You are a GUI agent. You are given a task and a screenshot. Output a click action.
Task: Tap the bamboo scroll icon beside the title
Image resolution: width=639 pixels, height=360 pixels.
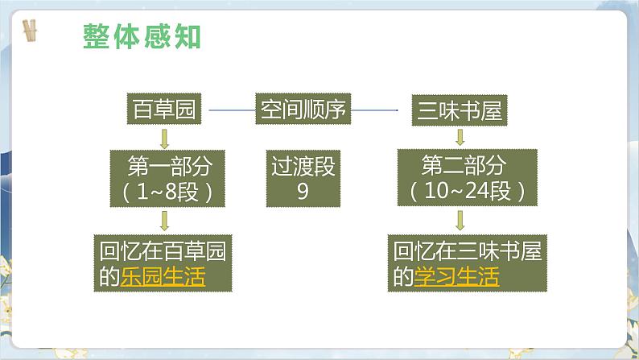pyautogui.click(x=31, y=32)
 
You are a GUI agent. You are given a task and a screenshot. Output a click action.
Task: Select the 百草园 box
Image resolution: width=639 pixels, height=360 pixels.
pyautogui.click(x=164, y=110)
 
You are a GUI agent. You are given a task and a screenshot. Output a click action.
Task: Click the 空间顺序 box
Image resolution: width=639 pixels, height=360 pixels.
pyautogui.click(x=303, y=110)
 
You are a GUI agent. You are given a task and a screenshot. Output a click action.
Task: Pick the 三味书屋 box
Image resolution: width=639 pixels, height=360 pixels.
pyautogui.click(x=460, y=110)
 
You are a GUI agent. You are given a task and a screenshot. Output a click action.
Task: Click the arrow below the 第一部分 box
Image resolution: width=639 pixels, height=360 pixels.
pyautogui.click(x=164, y=220)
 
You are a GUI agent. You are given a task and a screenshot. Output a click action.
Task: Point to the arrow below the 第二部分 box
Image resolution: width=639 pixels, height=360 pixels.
pyautogui.click(x=460, y=220)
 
